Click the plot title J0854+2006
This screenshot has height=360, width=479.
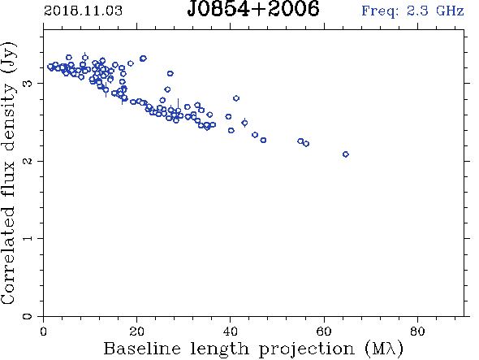(253, 9)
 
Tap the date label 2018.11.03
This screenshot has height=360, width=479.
(83, 11)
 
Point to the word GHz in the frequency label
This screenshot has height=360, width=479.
(450, 11)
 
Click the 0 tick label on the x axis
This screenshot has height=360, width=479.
(43, 332)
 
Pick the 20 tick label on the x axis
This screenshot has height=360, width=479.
(136, 332)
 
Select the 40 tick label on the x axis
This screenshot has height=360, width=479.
(230, 332)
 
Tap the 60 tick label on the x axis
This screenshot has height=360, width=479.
(324, 332)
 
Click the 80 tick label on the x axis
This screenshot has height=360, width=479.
(417, 332)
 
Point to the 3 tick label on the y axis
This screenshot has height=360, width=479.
(27, 83)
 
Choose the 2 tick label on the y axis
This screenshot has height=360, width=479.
(27, 161)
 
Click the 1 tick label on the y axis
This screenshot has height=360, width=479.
(27, 238)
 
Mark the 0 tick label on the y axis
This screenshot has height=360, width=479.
(27, 316)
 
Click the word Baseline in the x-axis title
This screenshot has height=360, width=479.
(142, 349)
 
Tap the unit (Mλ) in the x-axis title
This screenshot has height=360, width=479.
(384, 349)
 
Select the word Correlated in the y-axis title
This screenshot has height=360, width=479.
(8, 256)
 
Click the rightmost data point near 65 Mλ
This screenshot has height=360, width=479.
(346, 154)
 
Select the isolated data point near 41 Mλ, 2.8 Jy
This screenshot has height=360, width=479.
(236, 98)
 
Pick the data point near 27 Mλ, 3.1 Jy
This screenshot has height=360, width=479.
(170, 73)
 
